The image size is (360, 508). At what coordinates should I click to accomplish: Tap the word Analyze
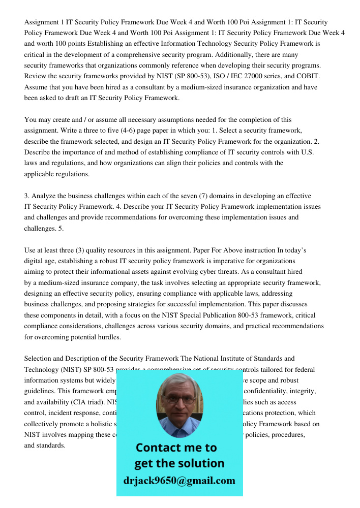point(43,196)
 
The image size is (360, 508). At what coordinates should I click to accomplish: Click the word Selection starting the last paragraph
point(38,359)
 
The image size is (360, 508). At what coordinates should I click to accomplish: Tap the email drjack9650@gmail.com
point(179,481)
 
